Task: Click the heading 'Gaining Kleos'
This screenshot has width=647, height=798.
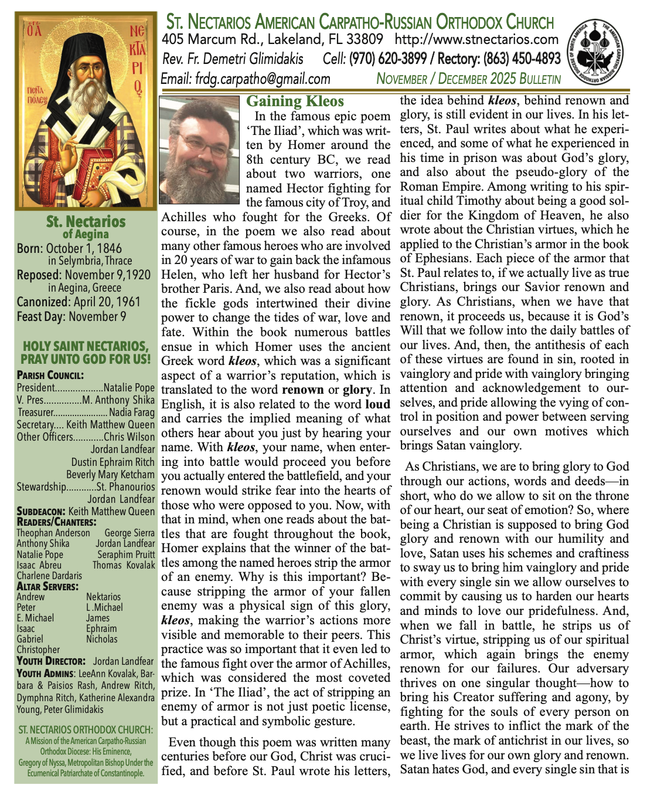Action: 295,102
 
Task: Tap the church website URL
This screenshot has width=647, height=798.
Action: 476,40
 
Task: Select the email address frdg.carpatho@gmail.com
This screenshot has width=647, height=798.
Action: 246,79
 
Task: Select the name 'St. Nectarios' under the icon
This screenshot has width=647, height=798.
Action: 86,222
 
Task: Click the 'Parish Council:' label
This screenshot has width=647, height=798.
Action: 50,376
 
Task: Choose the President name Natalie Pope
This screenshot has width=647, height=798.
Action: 129,388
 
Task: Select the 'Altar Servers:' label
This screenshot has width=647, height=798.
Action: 47,586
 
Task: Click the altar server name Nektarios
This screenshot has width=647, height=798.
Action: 103,597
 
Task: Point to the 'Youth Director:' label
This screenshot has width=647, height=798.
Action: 51,661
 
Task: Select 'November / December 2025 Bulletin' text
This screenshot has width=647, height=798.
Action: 468,79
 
